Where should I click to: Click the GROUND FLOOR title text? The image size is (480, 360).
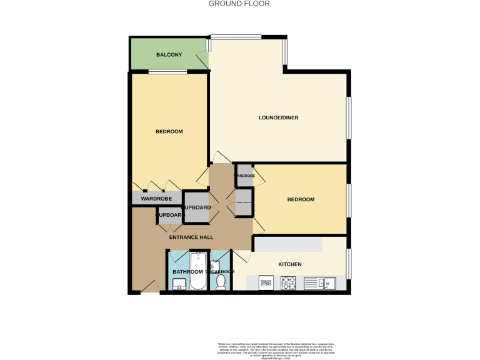(239, 3)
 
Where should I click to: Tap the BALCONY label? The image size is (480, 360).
(169, 55)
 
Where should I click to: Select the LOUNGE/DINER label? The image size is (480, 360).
(278, 118)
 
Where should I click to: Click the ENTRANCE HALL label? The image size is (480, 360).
(191, 237)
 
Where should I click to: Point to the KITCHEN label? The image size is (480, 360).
(289, 264)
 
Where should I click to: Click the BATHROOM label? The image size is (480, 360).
(187, 272)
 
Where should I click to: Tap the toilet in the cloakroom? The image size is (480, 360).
(221, 282)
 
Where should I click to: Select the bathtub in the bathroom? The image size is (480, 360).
(199, 271)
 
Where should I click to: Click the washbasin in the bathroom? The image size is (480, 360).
(179, 285)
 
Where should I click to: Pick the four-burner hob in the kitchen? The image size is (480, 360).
(289, 283)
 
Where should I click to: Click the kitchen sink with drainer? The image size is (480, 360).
(320, 284)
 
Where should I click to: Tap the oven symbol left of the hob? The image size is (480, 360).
(266, 283)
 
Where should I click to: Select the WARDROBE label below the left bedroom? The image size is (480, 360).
(156, 199)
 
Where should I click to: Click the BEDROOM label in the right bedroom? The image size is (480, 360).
(301, 200)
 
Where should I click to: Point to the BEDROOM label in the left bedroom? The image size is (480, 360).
(169, 131)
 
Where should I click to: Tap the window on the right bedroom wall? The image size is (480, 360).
(349, 199)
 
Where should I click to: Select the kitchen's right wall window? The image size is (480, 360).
(349, 264)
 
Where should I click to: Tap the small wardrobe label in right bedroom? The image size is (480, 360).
(244, 176)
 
